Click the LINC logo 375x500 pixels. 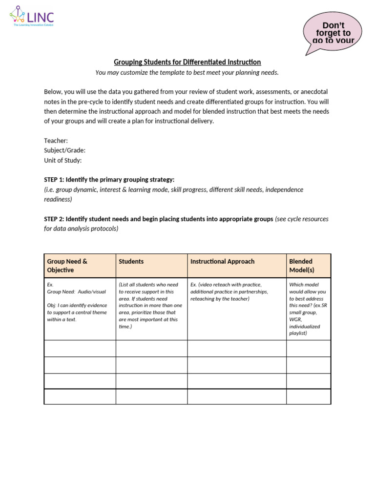click(32, 18)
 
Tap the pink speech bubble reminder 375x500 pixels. click(333, 33)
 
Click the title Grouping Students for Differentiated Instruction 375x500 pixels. click(187, 62)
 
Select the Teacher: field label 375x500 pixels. click(56, 141)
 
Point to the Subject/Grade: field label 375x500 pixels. click(64, 150)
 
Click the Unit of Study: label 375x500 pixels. click(62, 160)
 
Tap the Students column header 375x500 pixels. click(131, 261)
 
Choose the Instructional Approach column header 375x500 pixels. click(222, 261)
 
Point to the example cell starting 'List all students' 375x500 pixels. click(151, 305)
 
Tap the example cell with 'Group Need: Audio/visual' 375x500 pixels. click(80, 302)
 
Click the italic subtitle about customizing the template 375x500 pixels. click(187, 73)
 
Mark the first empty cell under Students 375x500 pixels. click(151, 348)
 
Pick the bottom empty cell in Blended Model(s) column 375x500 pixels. click(308, 396)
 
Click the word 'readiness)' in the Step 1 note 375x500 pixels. click(58, 199)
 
